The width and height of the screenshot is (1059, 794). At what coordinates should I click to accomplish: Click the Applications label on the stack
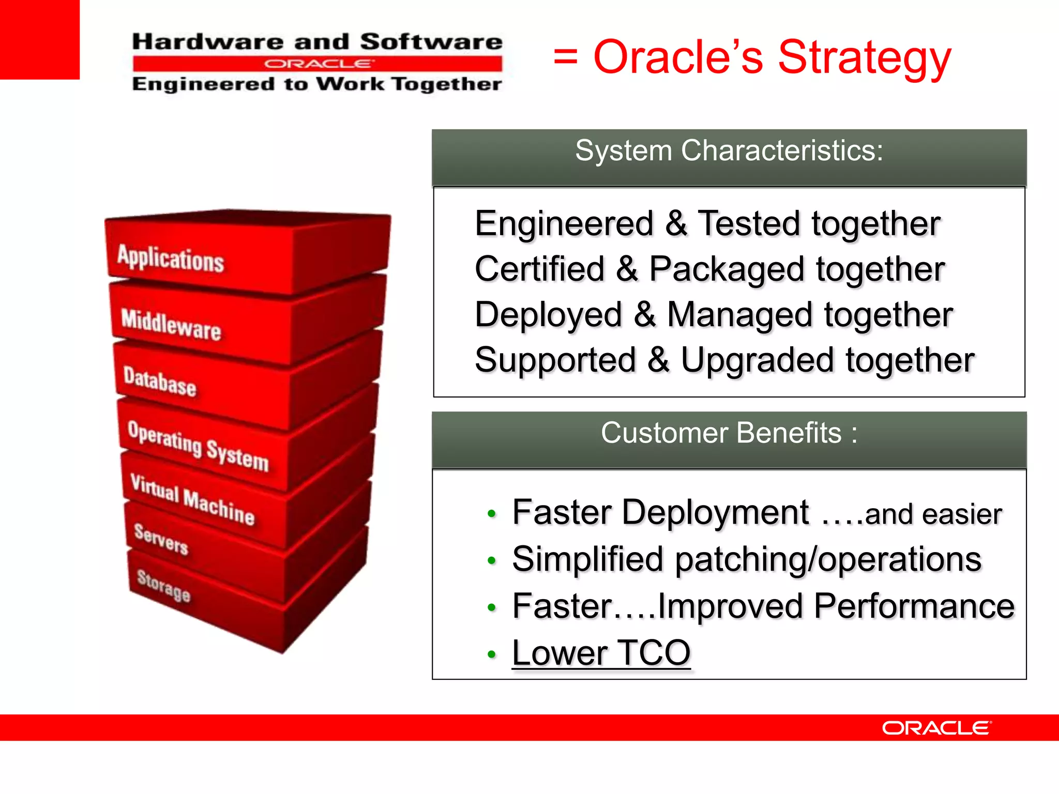pyautogui.click(x=171, y=258)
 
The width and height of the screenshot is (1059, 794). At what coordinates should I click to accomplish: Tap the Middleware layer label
pyautogui.click(x=171, y=324)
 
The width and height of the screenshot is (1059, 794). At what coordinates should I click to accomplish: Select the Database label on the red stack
pyautogui.click(x=160, y=381)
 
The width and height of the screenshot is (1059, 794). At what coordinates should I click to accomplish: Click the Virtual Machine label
pyautogui.click(x=192, y=499)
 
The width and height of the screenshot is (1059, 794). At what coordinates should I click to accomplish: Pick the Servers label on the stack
pyautogui.click(x=161, y=539)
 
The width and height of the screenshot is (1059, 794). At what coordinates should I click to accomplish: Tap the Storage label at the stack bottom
pyautogui.click(x=164, y=585)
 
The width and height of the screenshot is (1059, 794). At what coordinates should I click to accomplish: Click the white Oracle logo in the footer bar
pyautogui.click(x=936, y=728)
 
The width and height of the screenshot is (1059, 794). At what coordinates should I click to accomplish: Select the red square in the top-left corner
pyautogui.click(x=39, y=39)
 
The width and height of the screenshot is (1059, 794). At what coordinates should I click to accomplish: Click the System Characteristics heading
pyautogui.click(x=729, y=151)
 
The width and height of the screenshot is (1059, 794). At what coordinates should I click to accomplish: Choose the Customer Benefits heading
pyautogui.click(x=729, y=433)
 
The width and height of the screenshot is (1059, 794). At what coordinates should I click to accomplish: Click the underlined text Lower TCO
pyautogui.click(x=601, y=653)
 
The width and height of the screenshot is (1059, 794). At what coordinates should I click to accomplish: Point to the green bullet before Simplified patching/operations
pyautogui.click(x=492, y=561)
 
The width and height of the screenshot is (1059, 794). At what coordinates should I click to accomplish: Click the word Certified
pyautogui.click(x=539, y=269)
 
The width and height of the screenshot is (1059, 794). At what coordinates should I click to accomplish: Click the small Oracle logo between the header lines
pyautogui.click(x=317, y=64)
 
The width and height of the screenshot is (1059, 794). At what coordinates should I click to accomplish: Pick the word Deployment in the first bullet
pyautogui.click(x=716, y=513)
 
